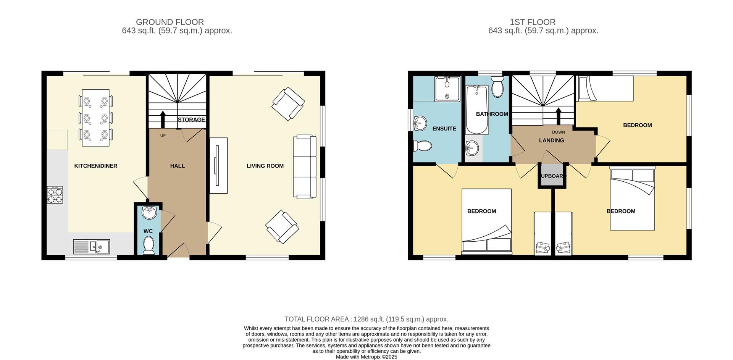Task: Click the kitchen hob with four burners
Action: [x=55, y=195]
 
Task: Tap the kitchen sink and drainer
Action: [x=91, y=247]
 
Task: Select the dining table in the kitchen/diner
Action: [x=95, y=118]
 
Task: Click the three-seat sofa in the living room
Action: [x=304, y=166]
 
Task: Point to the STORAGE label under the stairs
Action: [x=191, y=119]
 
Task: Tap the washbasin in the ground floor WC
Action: [x=149, y=213]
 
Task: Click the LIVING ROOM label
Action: [x=265, y=166]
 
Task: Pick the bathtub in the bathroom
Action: [x=476, y=110]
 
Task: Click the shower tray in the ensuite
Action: [x=447, y=89]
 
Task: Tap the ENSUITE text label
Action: [x=444, y=129]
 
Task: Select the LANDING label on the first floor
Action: [x=551, y=140]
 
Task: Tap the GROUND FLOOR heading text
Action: [x=170, y=22]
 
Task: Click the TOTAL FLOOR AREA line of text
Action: [x=366, y=319]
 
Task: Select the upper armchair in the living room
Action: [x=288, y=104]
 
